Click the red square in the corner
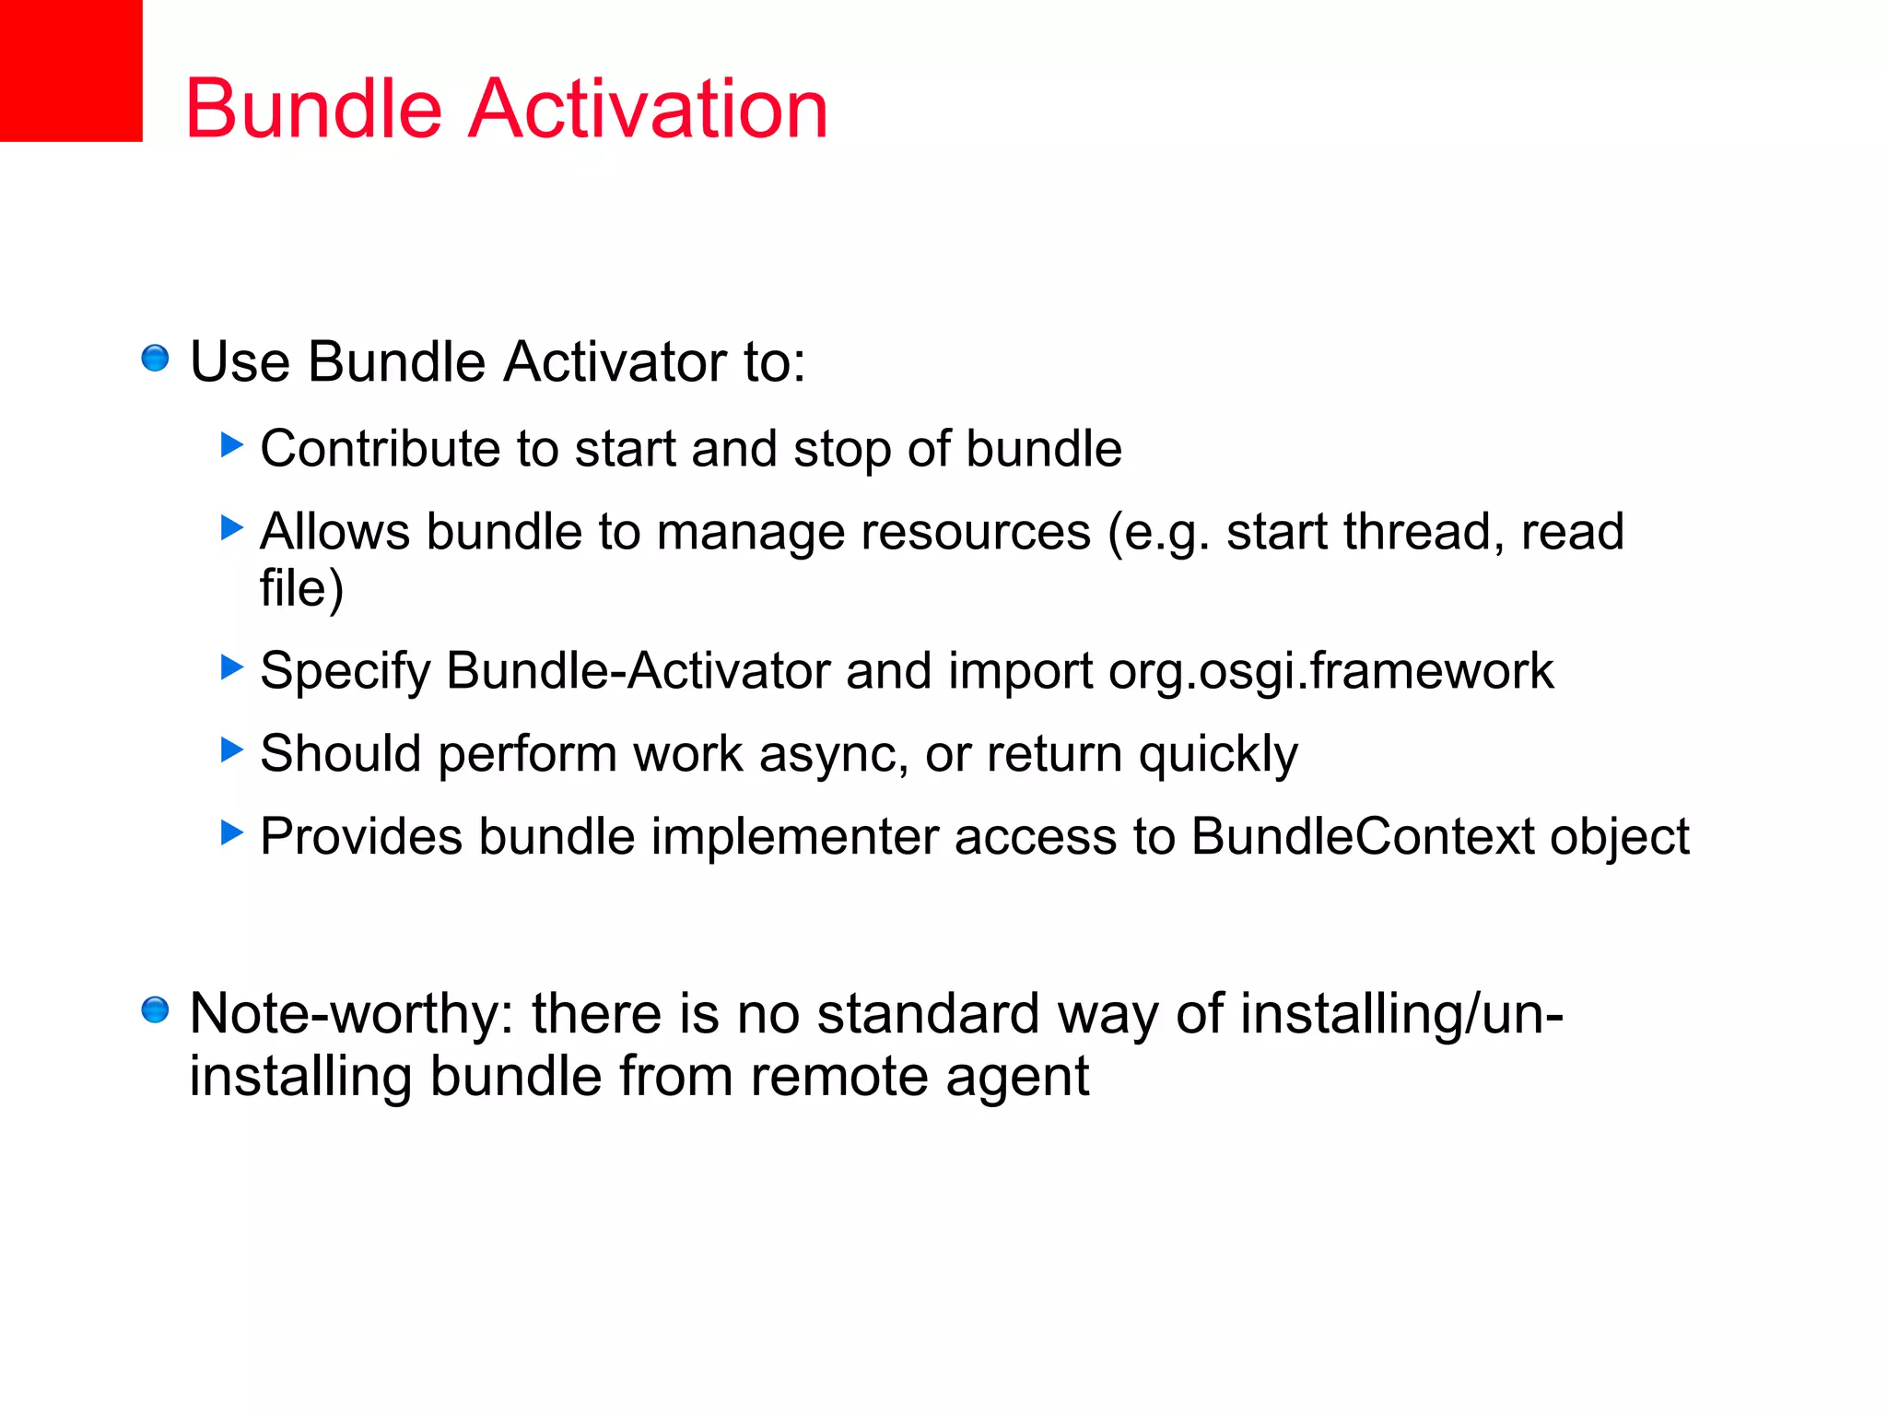70,70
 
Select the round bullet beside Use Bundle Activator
155,359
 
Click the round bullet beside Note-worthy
155,1010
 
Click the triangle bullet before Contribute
232,445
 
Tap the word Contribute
381,449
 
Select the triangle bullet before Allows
232,528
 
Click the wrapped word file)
301,588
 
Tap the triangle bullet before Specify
232,667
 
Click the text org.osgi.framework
1330,671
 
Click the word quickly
1218,755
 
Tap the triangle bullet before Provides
232,832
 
